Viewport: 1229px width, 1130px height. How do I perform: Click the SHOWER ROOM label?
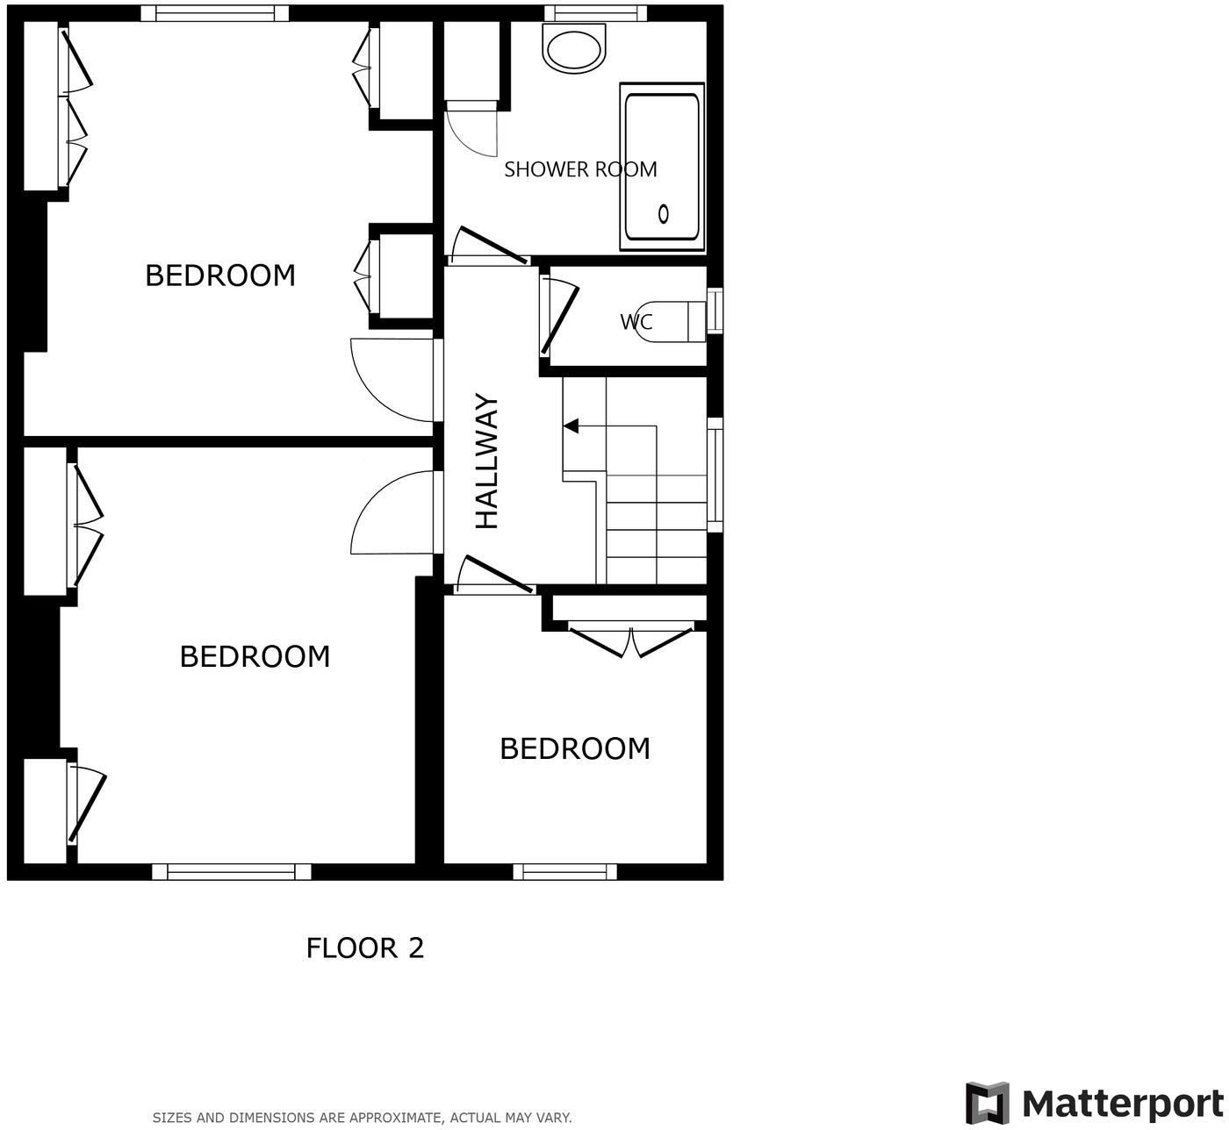coord(580,169)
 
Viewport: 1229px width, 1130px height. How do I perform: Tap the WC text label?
coord(636,322)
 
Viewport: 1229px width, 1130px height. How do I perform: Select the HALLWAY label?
coord(487,461)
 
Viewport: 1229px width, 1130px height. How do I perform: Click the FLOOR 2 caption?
coord(364,948)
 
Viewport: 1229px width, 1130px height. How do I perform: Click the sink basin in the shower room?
coord(574,47)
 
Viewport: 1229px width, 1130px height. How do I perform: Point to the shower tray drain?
coord(664,213)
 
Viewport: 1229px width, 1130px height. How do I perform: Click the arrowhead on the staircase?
coord(571,426)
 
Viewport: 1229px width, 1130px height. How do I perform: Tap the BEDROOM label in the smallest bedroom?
coord(574,748)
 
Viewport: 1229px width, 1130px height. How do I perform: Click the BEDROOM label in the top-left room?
coord(219,275)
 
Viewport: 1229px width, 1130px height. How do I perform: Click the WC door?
coord(560,318)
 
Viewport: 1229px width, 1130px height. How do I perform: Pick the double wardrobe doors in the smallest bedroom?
coord(630,640)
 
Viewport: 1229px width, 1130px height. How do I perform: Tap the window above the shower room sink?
coord(595,13)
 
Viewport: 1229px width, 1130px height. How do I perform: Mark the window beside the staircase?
coord(715,474)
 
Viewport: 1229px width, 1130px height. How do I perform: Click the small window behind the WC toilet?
coord(715,311)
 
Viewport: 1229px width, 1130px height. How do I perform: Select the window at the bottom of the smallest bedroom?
coord(564,871)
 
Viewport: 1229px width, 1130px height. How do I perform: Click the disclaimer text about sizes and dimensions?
coord(362,1118)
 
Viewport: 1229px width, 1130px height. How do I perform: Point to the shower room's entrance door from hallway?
coord(488,247)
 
